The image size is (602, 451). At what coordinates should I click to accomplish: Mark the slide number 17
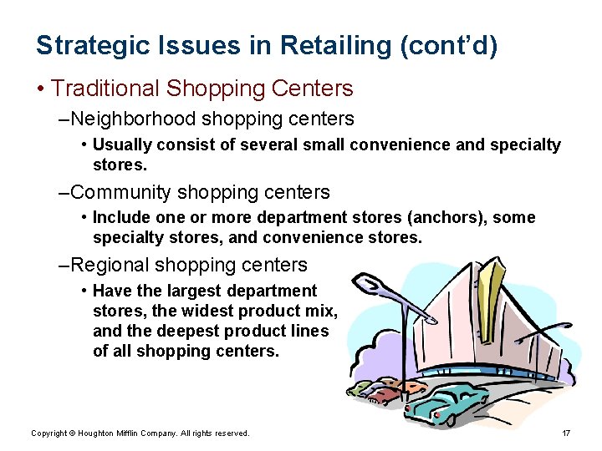click(566, 433)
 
